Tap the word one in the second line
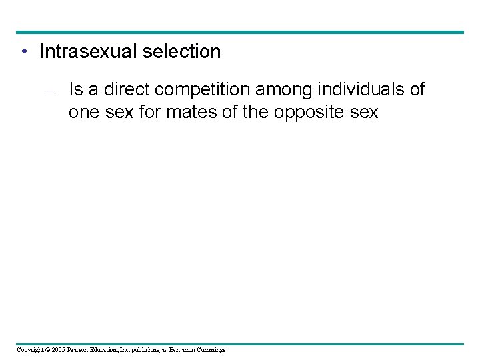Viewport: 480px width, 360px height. point(83,113)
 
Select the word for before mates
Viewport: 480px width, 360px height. point(149,113)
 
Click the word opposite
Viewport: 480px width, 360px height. point(307,113)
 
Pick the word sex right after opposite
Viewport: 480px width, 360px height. point(364,113)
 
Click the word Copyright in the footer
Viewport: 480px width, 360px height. point(31,350)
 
